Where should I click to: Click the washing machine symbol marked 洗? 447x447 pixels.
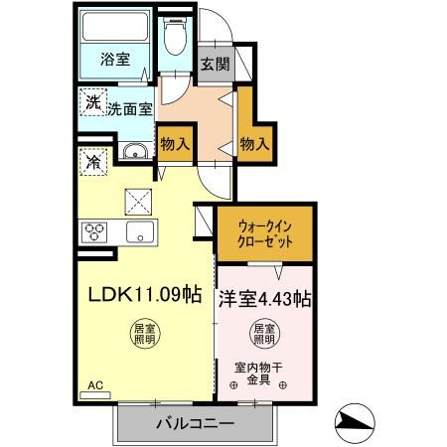coord(92,101)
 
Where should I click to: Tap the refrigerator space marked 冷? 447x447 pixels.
coord(91,160)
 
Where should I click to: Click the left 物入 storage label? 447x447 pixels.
coord(175,144)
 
